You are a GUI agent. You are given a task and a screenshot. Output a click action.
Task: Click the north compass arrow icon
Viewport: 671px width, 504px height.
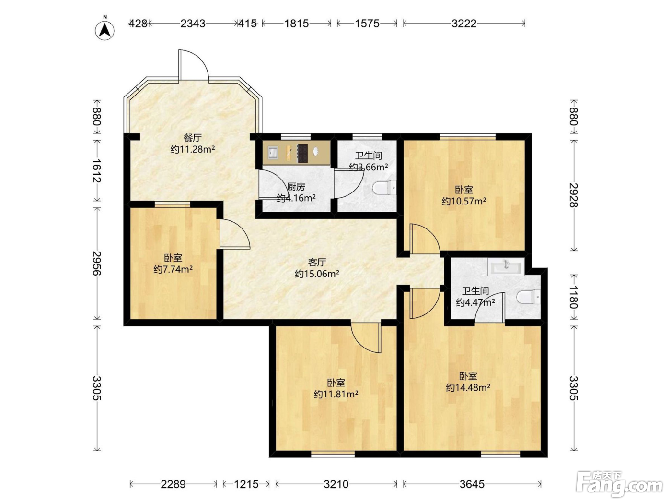click(104, 30)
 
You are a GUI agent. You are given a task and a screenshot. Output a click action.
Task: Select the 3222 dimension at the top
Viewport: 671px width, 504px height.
click(464, 24)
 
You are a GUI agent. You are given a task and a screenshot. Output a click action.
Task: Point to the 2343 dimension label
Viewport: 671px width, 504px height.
click(193, 24)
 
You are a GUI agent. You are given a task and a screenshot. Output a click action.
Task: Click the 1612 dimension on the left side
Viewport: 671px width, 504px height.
click(97, 171)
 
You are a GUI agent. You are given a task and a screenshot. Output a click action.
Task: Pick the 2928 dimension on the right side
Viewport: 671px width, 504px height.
click(574, 195)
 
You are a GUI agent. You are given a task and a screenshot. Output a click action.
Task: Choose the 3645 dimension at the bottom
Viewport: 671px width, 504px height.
click(472, 484)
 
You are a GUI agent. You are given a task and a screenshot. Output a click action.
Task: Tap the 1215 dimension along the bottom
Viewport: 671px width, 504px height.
click(246, 484)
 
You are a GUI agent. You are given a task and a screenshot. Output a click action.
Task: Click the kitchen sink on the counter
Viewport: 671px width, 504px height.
click(273, 153)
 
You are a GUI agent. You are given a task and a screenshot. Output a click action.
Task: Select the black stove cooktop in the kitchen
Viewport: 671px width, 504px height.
click(302, 153)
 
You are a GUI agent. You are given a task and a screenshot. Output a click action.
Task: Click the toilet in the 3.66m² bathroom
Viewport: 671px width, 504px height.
click(384, 188)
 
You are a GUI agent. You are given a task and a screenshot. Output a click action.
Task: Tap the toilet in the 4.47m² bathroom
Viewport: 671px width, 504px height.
click(529, 297)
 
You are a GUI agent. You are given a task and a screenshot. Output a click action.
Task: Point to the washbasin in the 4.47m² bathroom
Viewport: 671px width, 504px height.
click(506, 268)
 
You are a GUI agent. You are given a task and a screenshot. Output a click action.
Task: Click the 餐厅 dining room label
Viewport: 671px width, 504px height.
click(193, 138)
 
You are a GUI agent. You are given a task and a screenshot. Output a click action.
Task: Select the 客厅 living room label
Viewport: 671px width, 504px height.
click(317, 262)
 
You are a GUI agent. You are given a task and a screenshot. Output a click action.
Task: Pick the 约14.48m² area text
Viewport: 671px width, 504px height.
click(468, 388)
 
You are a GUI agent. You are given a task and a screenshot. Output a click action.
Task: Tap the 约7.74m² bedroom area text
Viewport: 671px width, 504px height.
click(173, 269)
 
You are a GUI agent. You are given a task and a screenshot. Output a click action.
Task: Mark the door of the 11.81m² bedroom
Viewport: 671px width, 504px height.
click(366, 337)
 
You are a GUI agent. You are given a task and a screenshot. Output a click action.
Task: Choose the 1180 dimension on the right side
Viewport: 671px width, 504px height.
click(574, 297)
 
